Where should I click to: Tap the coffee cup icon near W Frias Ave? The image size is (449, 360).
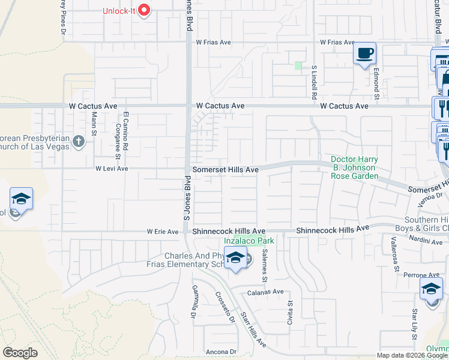click(364, 53)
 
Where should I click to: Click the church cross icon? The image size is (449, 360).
click(77, 142)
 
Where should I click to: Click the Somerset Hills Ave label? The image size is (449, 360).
click(225, 170)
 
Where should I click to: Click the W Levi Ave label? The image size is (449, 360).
click(112, 169)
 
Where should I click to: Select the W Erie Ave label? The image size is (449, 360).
click(163, 232)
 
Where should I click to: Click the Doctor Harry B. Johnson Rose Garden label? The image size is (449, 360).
click(354, 167)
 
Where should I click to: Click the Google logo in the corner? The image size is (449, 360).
click(20, 353)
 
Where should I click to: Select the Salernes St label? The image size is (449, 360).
click(264, 265)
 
